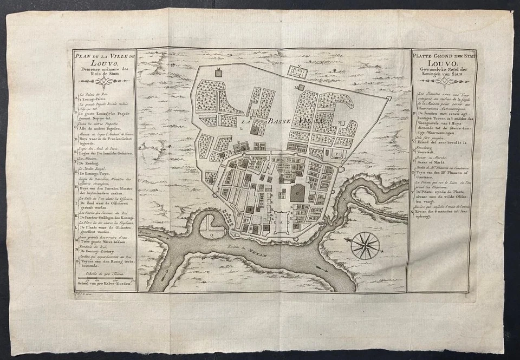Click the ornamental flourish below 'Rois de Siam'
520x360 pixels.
[x=103, y=81]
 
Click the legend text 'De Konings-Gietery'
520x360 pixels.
[x=99, y=252]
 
